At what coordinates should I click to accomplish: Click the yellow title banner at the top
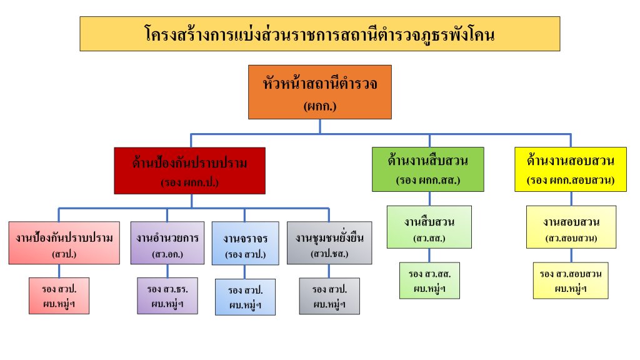coord(319,34)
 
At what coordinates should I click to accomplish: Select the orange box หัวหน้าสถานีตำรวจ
coord(319,91)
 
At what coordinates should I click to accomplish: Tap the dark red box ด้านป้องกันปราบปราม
coord(190,170)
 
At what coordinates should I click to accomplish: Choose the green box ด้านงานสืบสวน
coord(427,169)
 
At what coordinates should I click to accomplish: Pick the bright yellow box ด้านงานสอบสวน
coord(571,169)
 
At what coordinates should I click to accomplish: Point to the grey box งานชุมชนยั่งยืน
coord(329,242)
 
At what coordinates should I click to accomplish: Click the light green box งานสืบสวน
coord(429,227)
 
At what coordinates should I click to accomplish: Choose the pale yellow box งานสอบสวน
coord(571,227)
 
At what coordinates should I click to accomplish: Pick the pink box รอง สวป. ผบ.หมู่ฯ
coord(59,295)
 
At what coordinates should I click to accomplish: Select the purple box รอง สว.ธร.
coord(168,295)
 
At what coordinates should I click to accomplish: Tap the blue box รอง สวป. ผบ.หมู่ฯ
coord(245,296)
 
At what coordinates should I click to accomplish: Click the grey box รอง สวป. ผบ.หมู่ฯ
coord(329,295)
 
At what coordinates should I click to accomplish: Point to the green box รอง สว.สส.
coord(429,280)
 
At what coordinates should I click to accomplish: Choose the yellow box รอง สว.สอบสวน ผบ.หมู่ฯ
coord(571,280)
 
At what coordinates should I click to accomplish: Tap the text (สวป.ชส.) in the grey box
coord(329,254)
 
